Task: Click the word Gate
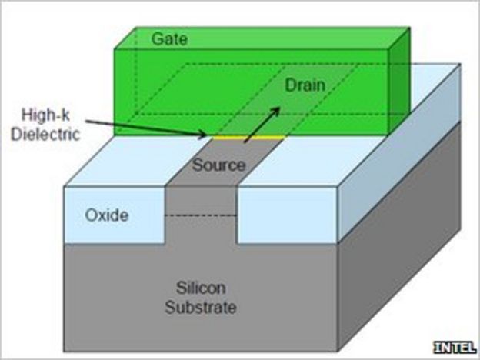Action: click(x=169, y=38)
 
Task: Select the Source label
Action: click(x=218, y=165)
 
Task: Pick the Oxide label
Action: click(x=108, y=215)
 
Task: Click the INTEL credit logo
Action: click(x=455, y=346)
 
